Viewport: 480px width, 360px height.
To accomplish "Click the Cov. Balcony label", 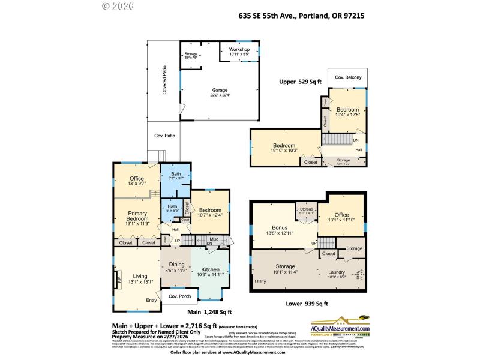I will (x=347, y=77).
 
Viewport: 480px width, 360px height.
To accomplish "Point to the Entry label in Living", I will (x=152, y=301).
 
